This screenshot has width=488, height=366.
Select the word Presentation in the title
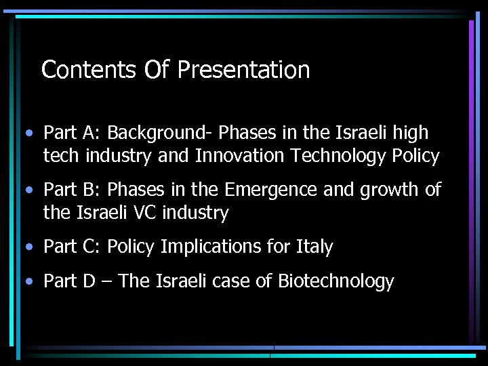pos(244,69)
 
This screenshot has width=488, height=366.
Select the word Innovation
pos(241,156)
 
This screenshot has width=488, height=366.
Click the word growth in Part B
pos(386,190)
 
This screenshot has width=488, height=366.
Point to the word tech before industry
pos(62,156)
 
